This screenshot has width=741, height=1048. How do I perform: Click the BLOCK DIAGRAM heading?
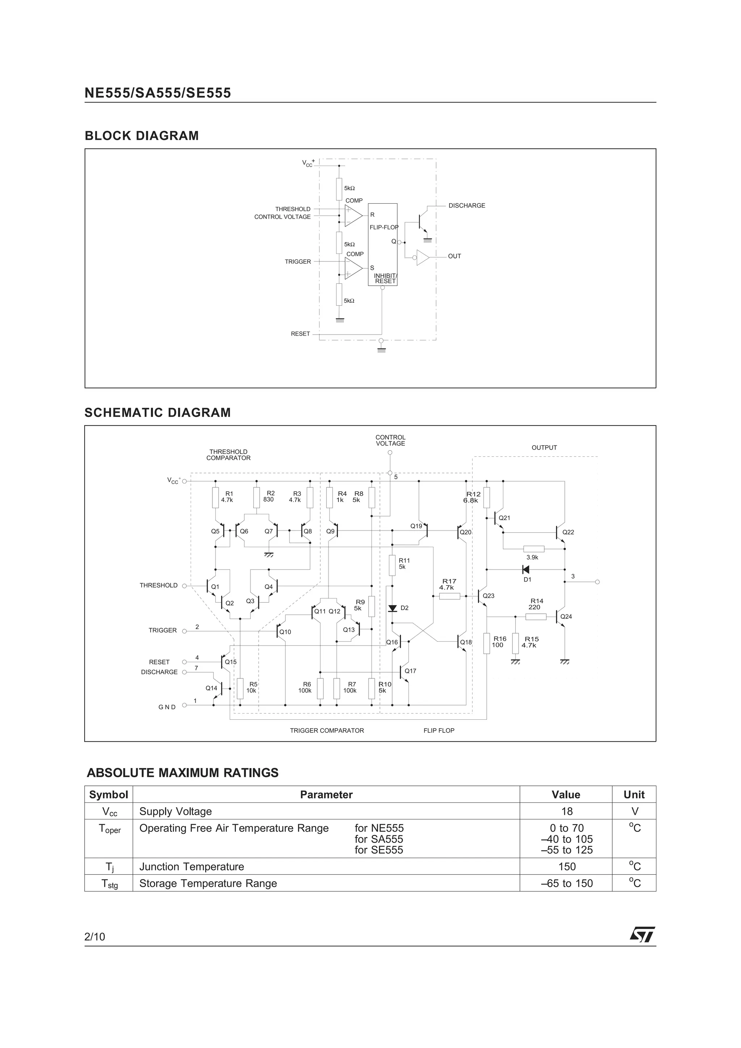tap(141, 136)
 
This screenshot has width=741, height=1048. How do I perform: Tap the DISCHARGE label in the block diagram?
tap(467, 205)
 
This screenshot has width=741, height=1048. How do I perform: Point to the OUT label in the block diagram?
tap(454, 256)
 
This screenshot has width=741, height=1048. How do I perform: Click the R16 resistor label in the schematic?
tap(499, 639)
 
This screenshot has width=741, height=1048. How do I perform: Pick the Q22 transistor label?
tap(568, 532)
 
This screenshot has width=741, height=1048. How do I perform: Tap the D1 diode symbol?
tap(525, 570)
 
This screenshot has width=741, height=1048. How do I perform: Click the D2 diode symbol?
tap(392, 608)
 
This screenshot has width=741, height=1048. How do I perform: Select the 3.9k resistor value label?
tap(532, 557)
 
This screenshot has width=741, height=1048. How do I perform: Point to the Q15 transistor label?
tap(230, 662)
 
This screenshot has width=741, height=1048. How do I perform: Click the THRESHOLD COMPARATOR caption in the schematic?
tap(228, 455)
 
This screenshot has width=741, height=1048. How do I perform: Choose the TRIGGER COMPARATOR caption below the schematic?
tap(327, 731)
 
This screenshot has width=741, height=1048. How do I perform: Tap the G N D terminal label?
tap(167, 707)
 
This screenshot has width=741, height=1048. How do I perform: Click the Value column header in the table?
tap(566, 794)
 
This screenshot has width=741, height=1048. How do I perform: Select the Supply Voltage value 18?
tap(567, 811)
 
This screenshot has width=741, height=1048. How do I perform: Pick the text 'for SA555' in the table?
tap(378, 839)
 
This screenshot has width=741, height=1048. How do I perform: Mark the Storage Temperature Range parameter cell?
tap(208, 883)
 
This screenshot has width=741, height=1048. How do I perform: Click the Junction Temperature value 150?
tap(567, 866)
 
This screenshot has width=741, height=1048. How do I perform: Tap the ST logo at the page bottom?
tap(642, 934)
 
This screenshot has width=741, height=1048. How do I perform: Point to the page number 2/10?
tap(94, 937)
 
